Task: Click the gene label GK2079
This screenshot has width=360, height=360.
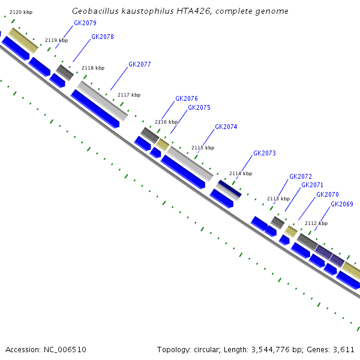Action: tap(85, 23)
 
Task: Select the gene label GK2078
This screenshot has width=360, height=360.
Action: tap(103, 37)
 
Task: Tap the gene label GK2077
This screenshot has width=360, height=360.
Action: tap(140, 64)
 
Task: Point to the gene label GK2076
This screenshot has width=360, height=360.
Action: tap(187, 98)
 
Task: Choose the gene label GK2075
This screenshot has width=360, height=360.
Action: tap(199, 107)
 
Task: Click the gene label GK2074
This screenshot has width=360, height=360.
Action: tap(226, 127)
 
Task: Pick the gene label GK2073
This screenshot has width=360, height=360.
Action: tap(265, 153)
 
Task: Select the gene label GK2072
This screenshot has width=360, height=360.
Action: tap(301, 176)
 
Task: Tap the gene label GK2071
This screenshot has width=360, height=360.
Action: tap(312, 185)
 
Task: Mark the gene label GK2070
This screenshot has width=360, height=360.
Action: tap(328, 194)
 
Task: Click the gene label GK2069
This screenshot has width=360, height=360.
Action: tap(342, 204)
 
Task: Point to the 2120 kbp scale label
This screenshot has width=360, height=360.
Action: tap(21, 12)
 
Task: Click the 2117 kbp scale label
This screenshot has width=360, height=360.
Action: tap(129, 95)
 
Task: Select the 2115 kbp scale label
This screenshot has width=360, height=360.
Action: tap(203, 148)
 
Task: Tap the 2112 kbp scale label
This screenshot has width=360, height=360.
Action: tap(316, 223)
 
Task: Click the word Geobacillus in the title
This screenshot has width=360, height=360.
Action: tap(95, 11)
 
